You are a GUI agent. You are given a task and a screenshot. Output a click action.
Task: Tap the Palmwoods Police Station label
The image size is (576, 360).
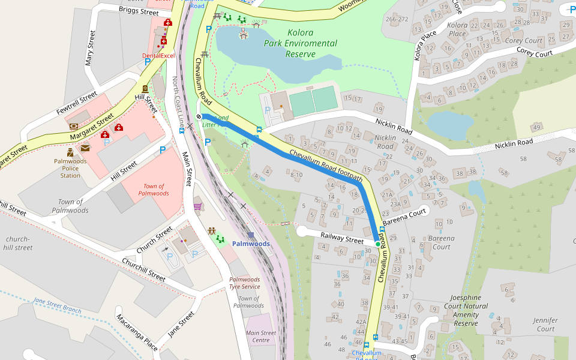[70, 169]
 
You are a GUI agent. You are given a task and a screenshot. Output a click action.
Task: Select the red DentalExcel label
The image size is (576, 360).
[158, 56]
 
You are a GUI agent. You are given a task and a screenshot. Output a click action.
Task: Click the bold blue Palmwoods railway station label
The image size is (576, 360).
[251, 244]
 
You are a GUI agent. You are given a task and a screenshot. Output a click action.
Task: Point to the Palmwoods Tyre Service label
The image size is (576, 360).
[244, 283]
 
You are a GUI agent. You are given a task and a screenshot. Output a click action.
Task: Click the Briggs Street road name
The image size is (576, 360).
[139, 11]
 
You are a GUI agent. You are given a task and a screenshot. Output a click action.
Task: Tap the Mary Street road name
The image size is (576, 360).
[91, 49]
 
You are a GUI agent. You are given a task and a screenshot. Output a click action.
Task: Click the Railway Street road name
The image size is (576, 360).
[342, 238]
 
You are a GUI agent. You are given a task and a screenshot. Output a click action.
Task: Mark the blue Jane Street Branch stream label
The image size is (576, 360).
[57, 305]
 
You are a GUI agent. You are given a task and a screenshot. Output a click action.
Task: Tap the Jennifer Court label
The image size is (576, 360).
[545, 325]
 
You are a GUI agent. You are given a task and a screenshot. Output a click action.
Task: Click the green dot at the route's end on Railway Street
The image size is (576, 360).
[377, 244]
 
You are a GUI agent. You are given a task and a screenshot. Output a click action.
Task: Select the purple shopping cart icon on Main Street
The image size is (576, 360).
[197, 206]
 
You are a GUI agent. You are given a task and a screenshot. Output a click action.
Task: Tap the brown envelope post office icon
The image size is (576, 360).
[85, 148]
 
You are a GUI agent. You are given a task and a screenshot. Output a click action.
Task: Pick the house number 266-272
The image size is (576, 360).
[397, 19]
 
